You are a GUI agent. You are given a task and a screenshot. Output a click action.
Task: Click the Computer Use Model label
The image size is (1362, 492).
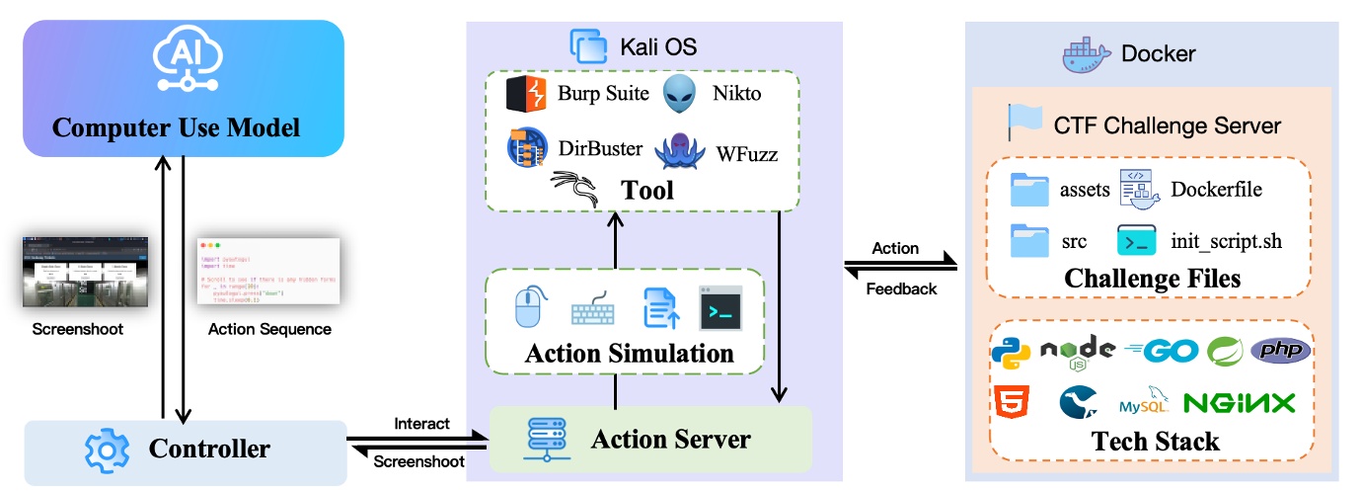click(x=176, y=127)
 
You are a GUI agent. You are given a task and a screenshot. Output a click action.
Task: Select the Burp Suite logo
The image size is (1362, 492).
click(x=526, y=95)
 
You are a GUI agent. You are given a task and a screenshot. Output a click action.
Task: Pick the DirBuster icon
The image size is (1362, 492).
click(x=525, y=149)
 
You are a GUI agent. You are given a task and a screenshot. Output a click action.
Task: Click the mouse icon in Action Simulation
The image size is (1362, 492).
click(x=530, y=306)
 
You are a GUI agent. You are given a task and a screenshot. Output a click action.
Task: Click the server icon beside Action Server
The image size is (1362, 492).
click(x=540, y=438)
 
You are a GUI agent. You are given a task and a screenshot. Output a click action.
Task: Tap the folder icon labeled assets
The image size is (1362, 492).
click(x=1030, y=190)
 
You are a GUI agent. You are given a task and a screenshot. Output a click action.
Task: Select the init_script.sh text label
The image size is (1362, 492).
click(x=1226, y=241)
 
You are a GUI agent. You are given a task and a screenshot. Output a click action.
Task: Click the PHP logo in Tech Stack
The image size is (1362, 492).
click(x=1281, y=351)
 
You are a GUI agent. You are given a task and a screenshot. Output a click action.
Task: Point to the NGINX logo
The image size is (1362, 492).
click(x=1239, y=403)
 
